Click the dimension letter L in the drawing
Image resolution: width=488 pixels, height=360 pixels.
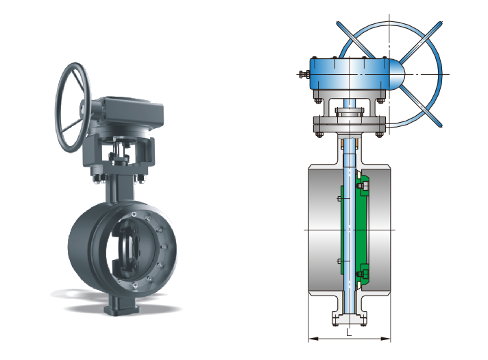(x=349, y=333)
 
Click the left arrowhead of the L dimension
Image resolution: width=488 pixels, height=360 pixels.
(x=313, y=339)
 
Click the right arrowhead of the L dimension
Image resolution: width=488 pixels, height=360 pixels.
(x=386, y=339)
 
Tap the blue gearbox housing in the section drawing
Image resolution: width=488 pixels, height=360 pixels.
(x=349, y=74)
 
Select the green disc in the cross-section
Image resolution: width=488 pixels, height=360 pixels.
(x=355, y=230)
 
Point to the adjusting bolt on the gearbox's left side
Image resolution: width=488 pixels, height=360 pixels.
(x=304, y=75)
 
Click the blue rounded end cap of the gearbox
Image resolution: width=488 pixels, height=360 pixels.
(x=397, y=74)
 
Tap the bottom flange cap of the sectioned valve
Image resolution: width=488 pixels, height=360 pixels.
(x=349, y=320)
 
